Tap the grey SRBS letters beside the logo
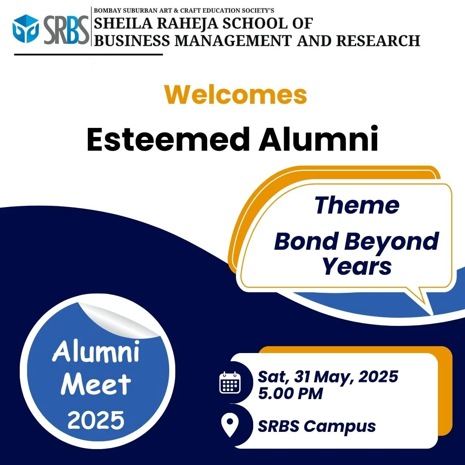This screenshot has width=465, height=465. [x=66, y=30]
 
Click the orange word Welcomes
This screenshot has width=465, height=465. [x=236, y=95]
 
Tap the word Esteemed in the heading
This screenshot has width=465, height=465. [x=168, y=139]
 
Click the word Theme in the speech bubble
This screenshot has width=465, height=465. [x=357, y=205]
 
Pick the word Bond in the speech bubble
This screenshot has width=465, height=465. [x=307, y=241]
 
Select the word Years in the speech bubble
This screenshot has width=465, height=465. [x=357, y=266]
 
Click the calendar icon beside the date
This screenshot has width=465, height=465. [x=230, y=383]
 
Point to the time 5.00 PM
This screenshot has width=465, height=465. [x=290, y=394]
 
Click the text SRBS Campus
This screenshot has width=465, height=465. [x=317, y=426]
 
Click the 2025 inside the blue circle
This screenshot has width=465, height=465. [x=96, y=420]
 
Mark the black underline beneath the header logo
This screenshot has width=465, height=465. [x=88, y=55]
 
